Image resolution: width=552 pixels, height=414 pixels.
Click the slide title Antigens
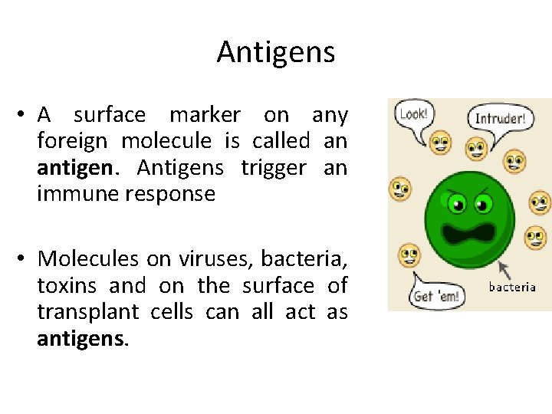coord(276,52)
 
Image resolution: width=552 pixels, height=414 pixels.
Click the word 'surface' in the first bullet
coord(109,115)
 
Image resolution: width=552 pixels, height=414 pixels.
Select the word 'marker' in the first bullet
coord(205,115)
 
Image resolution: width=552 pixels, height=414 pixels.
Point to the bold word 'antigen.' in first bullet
coord(74,167)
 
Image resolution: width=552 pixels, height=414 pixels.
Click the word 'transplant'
coord(88,312)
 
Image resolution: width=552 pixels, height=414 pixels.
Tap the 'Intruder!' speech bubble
coord(499,119)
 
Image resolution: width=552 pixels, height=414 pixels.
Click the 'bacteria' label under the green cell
coord(512,287)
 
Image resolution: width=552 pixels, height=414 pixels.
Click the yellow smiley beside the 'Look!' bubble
coord(440,141)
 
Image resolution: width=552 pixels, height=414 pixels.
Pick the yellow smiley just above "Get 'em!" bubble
coord(409,254)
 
